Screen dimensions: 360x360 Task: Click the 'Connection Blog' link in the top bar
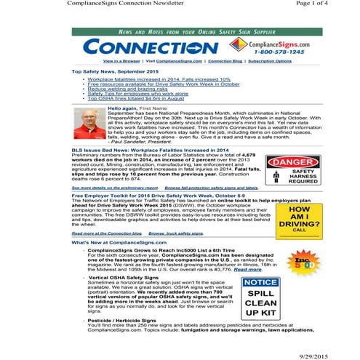(x=226, y=62)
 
